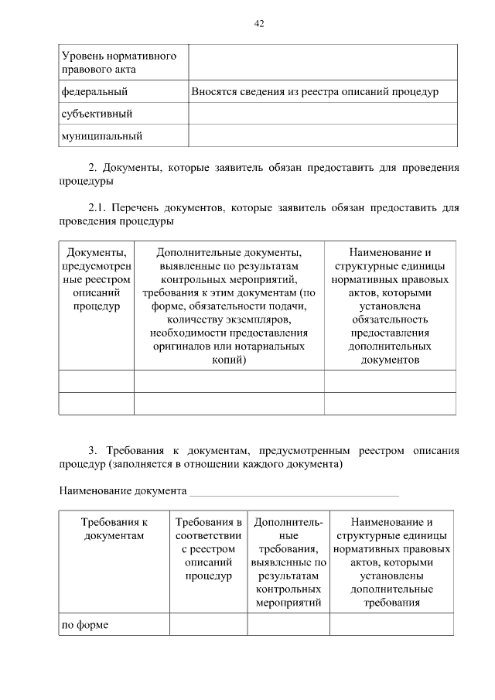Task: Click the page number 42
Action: (x=259, y=24)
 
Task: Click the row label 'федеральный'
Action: (x=94, y=92)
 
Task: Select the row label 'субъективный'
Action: (x=97, y=114)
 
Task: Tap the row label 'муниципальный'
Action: (x=101, y=137)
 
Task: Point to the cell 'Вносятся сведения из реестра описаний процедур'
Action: (x=315, y=92)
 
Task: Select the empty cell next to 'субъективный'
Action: (x=323, y=114)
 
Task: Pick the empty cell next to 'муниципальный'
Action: (x=323, y=137)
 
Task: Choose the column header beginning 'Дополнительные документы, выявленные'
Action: (x=229, y=306)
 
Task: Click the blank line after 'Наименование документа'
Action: (x=294, y=491)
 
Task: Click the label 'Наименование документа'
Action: (x=123, y=491)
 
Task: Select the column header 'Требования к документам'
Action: (x=114, y=529)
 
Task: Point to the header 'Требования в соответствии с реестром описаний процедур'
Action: (x=208, y=549)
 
